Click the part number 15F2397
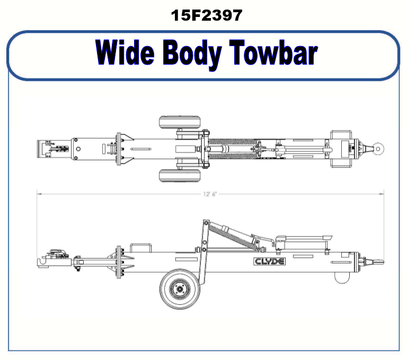point(206,15)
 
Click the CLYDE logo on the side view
point(270,261)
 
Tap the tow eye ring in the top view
point(377,149)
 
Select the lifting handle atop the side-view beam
point(141,248)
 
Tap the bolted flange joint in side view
point(118,264)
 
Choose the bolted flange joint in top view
point(120,149)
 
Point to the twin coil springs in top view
point(233,149)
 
